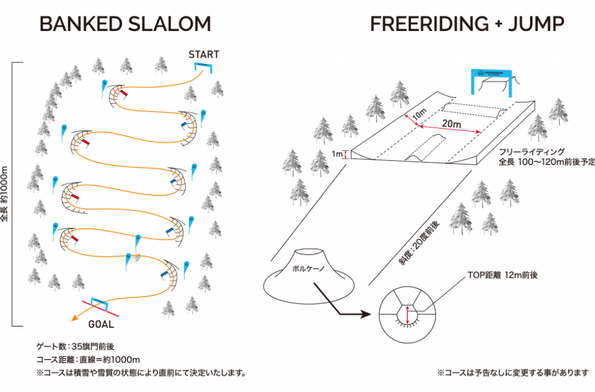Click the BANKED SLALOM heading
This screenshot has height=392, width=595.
(x=125, y=24)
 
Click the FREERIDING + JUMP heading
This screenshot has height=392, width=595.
(x=467, y=24)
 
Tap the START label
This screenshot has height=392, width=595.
(x=203, y=55)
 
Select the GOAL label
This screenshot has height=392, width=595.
(x=101, y=324)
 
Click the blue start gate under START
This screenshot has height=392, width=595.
(x=203, y=66)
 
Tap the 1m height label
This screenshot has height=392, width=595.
(x=337, y=154)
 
